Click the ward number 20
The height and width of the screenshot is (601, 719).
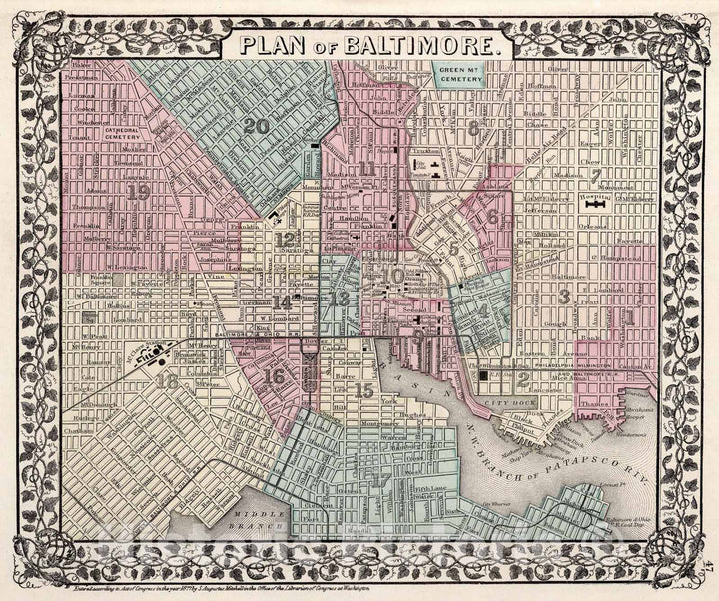click(x=256, y=125)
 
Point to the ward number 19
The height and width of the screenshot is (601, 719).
click(x=137, y=192)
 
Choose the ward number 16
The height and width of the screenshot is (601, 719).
click(x=274, y=376)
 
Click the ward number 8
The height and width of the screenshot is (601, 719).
click(x=473, y=127)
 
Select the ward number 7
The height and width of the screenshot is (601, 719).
click(x=595, y=176)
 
